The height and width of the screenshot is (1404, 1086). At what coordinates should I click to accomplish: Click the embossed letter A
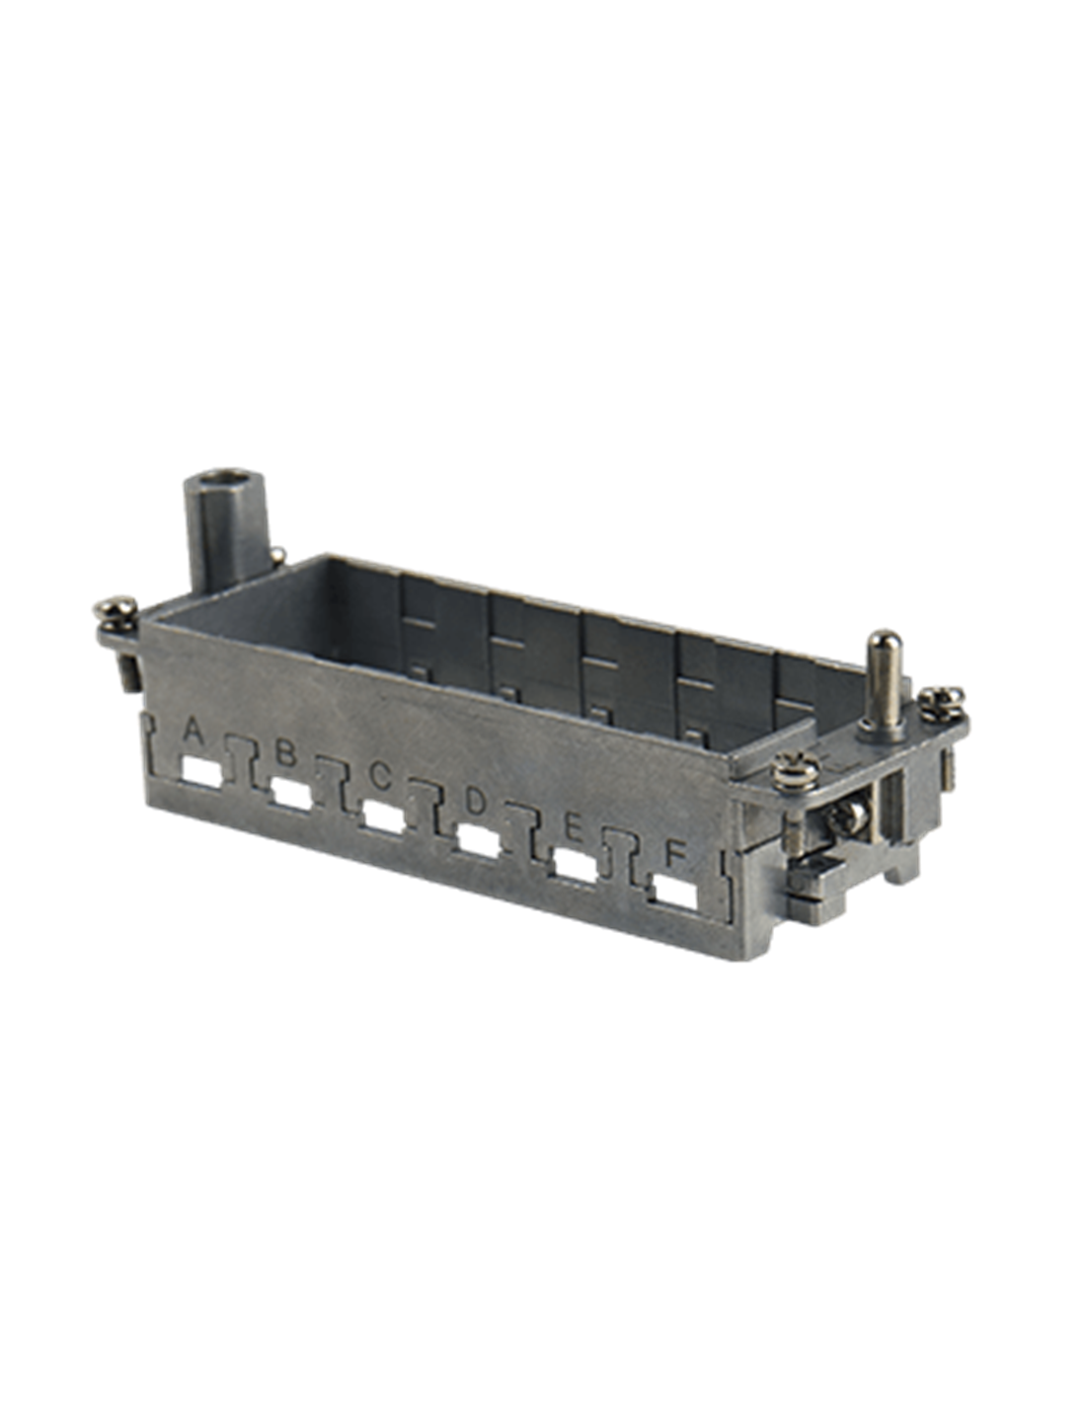point(195,732)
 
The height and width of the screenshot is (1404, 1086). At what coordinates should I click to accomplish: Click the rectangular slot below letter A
point(202,772)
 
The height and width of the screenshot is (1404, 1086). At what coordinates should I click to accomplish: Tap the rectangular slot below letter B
point(292,794)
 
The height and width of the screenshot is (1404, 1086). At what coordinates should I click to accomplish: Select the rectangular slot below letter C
point(384,818)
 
